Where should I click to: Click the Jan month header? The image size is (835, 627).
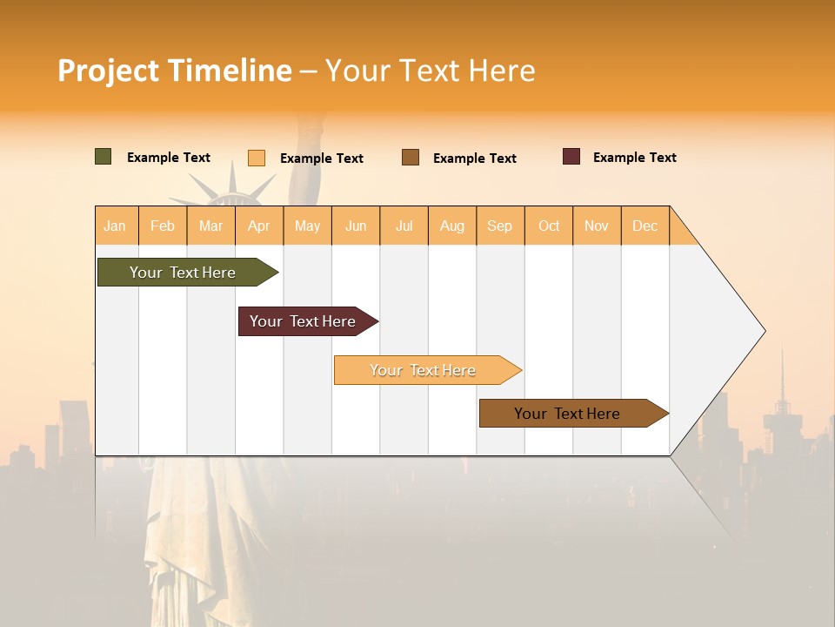[x=116, y=226]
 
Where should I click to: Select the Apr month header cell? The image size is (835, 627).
[x=259, y=226]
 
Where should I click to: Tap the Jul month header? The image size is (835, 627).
[x=404, y=226]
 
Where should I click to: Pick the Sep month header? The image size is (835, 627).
[x=500, y=226]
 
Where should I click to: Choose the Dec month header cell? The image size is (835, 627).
[x=645, y=226]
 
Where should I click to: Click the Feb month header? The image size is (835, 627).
[x=163, y=226]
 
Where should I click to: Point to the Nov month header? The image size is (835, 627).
[x=597, y=226]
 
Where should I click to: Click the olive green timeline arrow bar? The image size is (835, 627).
[x=183, y=273]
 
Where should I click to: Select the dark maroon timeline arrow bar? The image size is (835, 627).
[x=303, y=321]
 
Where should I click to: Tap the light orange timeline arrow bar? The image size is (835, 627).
[x=423, y=370]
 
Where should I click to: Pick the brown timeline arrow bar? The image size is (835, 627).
[x=567, y=414]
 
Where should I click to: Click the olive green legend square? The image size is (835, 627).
[x=104, y=157]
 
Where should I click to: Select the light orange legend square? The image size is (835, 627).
[x=257, y=158]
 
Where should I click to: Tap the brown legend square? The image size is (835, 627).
[x=411, y=158]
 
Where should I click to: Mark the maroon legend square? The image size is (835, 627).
[x=571, y=157]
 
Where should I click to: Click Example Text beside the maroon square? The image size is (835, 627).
[x=634, y=158]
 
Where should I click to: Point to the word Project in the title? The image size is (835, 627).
[x=108, y=71]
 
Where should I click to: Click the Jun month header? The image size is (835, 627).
[x=356, y=226]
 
